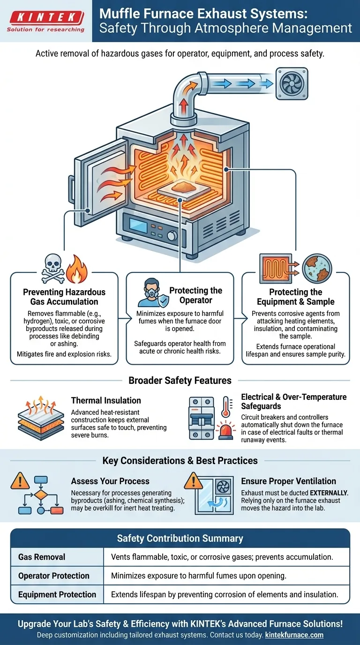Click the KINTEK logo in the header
click(x=45, y=21)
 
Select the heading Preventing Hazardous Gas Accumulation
click(x=64, y=297)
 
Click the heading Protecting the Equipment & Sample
click(x=295, y=297)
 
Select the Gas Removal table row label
click(x=42, y=557)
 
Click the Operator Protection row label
click(x=54, y=576)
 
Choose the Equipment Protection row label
click(x=57, y=594)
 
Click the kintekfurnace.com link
click(x=294, y=635)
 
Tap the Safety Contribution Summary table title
click(x=180, y=538)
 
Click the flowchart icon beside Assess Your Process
click(x=41, y=498)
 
